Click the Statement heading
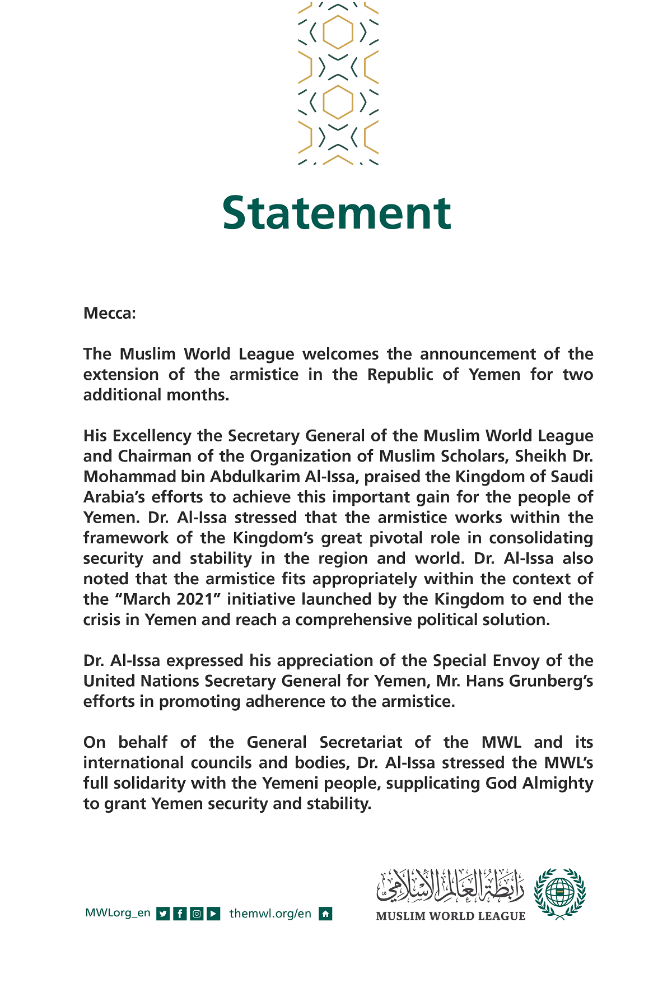tap(336, 213)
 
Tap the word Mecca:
tap(110, 313)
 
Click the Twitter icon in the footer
tap(163, 914)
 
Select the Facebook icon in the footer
tap(180, 914)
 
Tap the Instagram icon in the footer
tap(197, 914)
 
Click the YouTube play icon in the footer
tap(213, 914)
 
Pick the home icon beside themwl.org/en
tap(325, 914)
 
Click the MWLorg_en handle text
tap(118, 913)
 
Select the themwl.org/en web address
tap(270, 914)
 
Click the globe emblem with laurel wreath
tap(559, 894)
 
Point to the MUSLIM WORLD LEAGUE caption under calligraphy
tap(451, 917)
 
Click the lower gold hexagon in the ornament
tap(338, 102)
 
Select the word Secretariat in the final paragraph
tap(361, 742)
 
